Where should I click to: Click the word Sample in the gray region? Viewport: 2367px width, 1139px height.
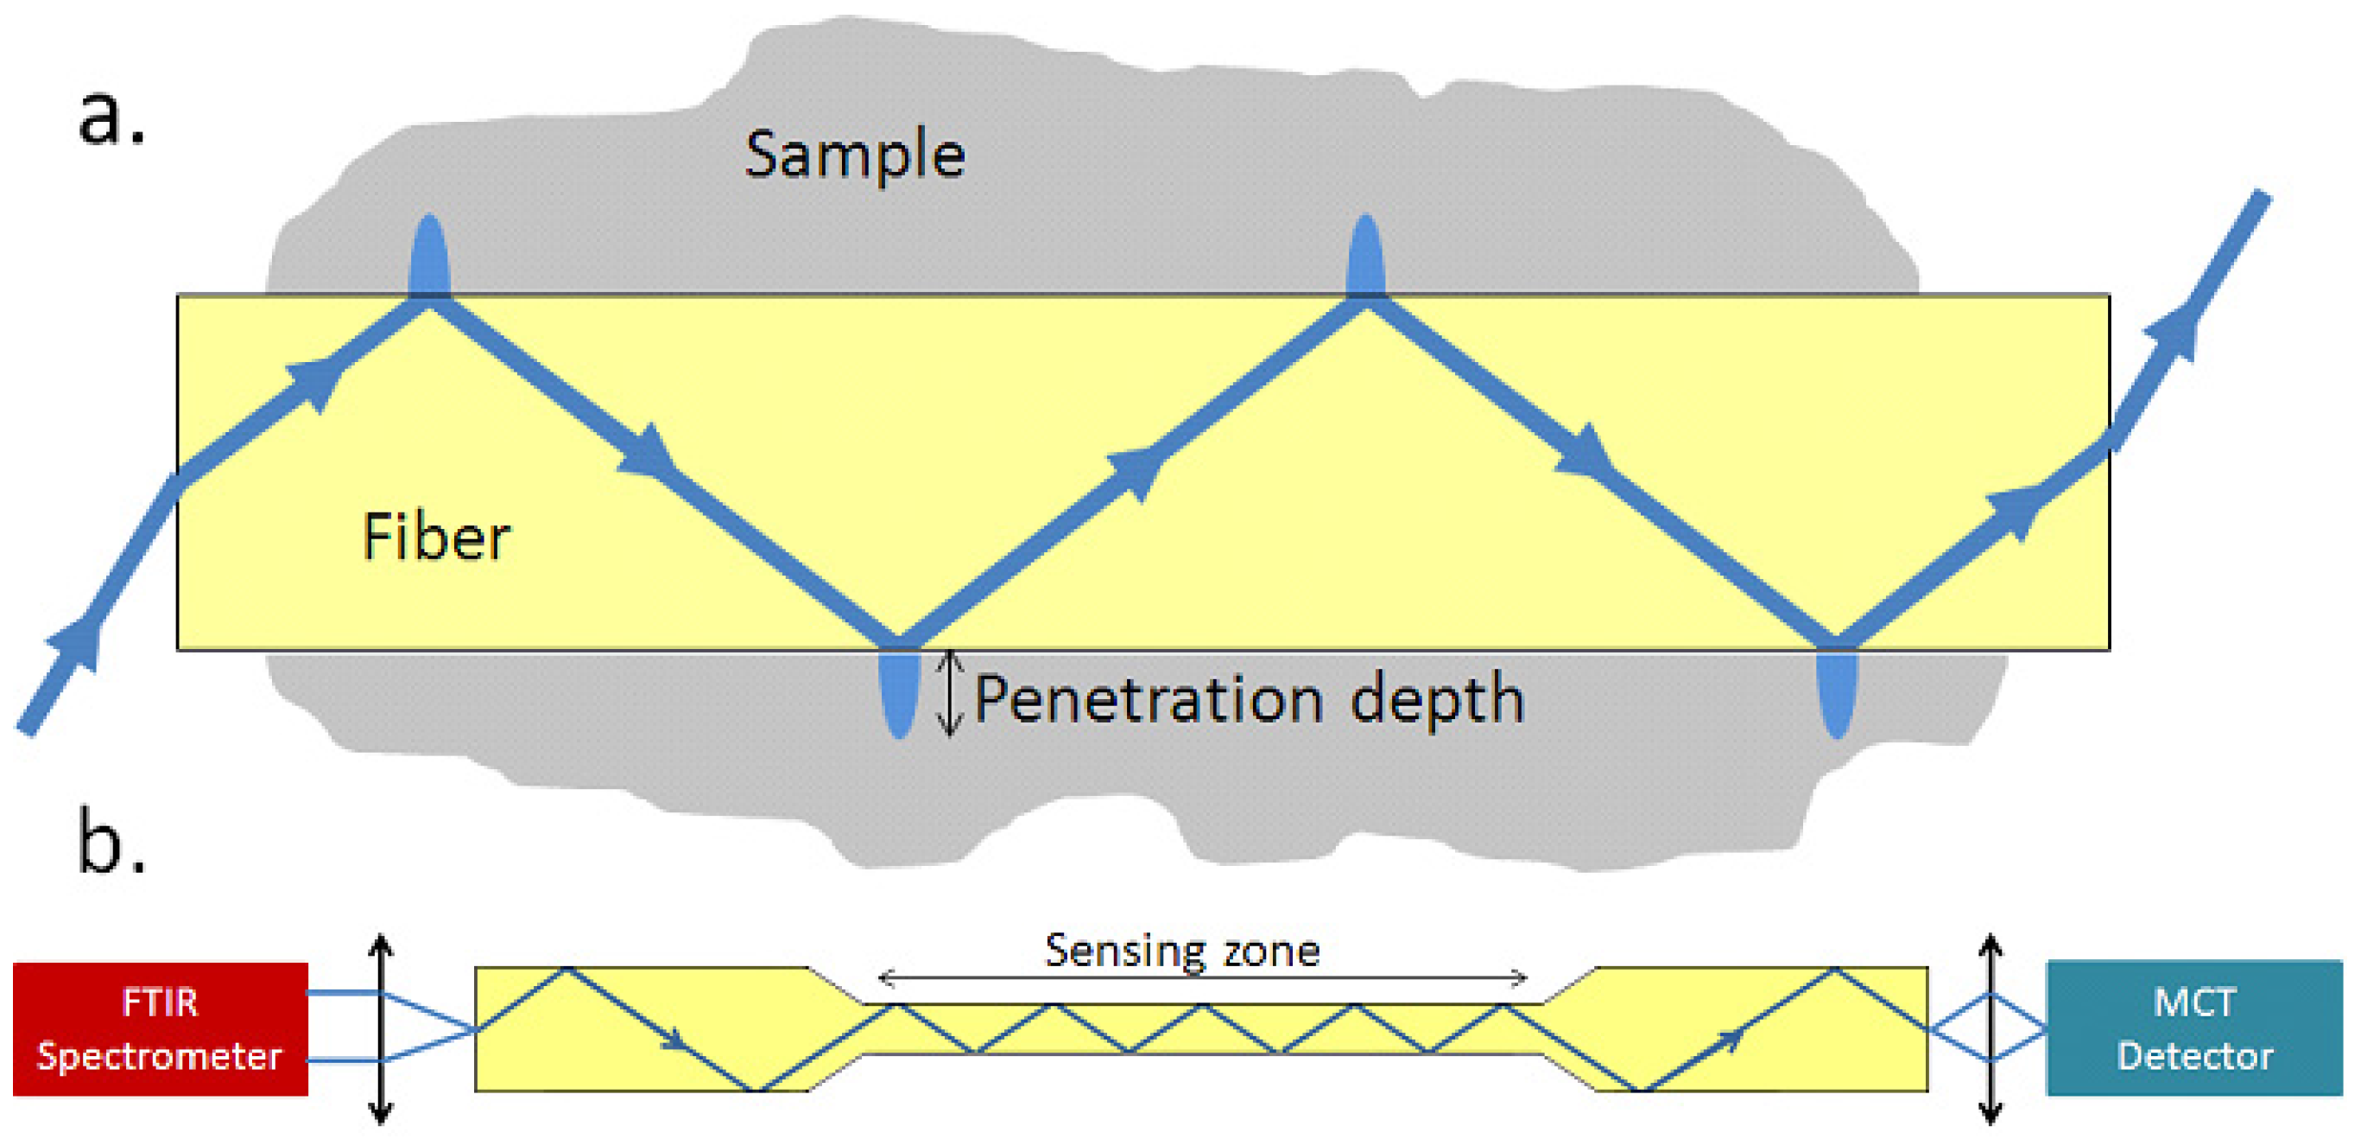[x=855, y=155]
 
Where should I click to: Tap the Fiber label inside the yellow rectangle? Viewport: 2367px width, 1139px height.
[x=436, y=537]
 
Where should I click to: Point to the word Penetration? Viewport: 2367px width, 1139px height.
[x=1148, y=701]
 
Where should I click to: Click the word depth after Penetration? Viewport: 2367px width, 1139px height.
[x=1437, y=701]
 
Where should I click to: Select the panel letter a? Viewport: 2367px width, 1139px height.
[x=111, y=118]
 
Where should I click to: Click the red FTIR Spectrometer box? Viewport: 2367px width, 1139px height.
[x=160, y=1028]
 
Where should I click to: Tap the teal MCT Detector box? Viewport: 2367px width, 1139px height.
[x=2194, y=1028]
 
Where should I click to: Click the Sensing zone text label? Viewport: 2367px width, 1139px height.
[x=1181, y=951]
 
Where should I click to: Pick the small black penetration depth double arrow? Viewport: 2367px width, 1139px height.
[x=950, y=694]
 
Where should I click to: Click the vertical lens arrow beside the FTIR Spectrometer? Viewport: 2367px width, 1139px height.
[x=381, y=1028]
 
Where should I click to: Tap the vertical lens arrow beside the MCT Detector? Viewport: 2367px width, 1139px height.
[x=1990, y=1028]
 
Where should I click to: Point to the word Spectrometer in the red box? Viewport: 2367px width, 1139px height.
[x=160, y=1056]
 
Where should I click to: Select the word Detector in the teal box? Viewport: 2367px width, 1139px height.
[x=2194, y=1056]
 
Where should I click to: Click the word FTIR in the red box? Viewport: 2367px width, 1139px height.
[x=160, y=1002]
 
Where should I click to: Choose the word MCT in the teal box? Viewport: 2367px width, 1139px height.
[x=2194, y=1002]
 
